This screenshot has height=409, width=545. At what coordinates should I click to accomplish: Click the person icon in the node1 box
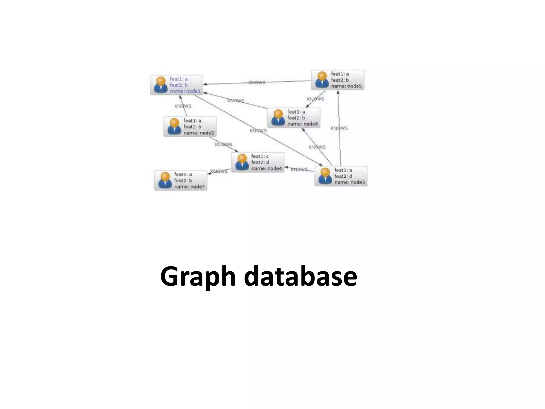pos(161,85)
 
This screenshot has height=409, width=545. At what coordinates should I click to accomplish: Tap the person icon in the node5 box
pos(322,80)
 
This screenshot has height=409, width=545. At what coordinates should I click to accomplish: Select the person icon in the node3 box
pos(325,176)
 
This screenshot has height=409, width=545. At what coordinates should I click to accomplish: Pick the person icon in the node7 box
pos(165,180)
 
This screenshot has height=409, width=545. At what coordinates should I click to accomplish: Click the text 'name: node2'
pos(199,133)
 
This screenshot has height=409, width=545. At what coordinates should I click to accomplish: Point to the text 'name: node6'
pos(302,124)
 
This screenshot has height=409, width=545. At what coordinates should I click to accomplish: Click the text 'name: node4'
pos(266,169)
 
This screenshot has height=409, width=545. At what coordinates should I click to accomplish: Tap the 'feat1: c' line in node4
pos(260,156)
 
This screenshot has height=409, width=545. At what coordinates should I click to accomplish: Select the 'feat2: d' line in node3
pos(343,176)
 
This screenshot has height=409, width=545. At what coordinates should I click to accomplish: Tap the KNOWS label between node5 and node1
pos(257,83)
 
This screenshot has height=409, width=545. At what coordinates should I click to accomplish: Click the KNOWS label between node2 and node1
pos(183,106)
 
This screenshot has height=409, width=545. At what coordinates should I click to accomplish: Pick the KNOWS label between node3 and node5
pos(339,128)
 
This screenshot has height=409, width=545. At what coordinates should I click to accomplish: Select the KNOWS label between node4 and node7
pos(219,171)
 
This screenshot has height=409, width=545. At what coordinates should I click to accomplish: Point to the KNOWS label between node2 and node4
pos(224,145)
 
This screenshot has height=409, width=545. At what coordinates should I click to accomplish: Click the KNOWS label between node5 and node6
pos(316,99)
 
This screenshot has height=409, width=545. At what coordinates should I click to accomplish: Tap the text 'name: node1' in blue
pos(185,91)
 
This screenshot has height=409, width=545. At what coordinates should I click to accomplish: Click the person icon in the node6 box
pos(278,118)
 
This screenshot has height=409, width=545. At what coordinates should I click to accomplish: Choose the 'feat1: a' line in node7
pos(183,174)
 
